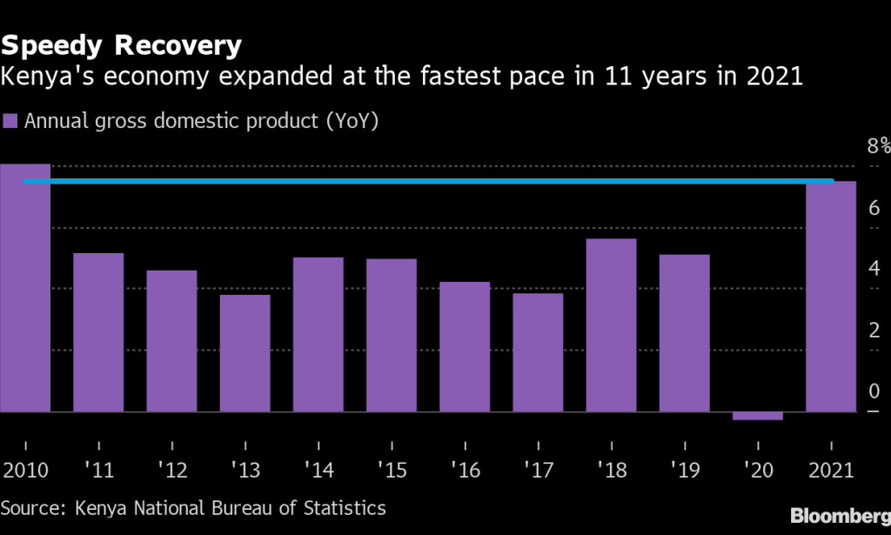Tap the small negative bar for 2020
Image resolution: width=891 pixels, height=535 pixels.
click(758, 416)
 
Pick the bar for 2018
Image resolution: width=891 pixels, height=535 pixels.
click(611, 325)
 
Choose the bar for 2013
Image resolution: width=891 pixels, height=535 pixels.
click(245, 353)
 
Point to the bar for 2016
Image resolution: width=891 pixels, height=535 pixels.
click(465, 346)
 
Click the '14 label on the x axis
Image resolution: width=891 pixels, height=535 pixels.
click(318, 471)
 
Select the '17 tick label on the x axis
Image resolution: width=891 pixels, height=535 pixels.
click(538, 471)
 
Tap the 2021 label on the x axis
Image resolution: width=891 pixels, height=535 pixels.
click(831, 471)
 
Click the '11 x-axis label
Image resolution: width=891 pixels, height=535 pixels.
click(98, 471)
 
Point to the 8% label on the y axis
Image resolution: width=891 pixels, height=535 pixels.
click(878, 146)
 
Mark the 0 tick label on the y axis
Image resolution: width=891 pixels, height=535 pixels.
click(874, 391)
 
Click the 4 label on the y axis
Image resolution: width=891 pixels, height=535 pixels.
click(874, 269)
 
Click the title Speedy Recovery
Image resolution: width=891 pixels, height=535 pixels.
click(121, 44)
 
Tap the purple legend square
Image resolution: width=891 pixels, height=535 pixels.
click(10, 121)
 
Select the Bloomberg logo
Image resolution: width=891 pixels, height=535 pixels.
click(840, 514)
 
